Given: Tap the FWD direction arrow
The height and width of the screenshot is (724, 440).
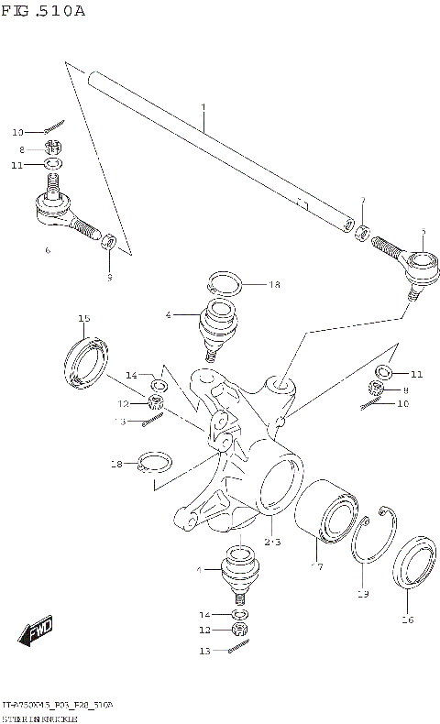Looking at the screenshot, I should [36, 631].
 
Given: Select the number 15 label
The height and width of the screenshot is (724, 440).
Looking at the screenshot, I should [83, 318].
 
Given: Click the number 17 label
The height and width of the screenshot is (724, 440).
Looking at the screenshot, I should [316, 566].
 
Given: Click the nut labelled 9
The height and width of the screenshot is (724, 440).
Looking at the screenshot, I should [108, 242].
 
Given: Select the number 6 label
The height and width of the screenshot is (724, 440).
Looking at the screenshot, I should [48, 249].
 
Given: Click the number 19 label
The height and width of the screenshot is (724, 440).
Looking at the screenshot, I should [362, 594].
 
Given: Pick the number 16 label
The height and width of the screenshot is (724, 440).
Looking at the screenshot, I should [407, 620].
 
